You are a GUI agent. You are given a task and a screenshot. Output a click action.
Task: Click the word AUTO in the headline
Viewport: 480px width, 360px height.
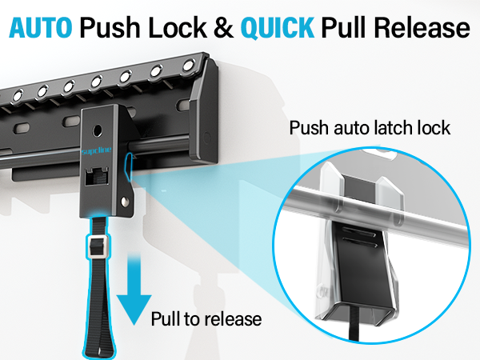tap(42, 28)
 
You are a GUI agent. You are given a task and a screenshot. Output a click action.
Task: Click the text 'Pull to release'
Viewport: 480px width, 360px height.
tap(206, 319)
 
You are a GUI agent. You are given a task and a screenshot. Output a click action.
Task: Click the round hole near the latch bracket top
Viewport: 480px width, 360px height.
tap(98, 128)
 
